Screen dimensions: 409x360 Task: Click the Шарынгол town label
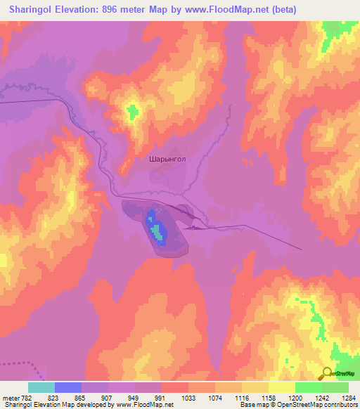coord(167,160)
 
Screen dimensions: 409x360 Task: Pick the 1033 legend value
coord(187,398)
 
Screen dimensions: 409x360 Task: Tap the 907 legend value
coord(108,398)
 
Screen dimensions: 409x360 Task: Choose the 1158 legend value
coord(267,398)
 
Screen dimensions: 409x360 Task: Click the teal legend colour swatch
coord(41,387)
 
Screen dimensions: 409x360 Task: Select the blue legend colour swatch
coord(68,387)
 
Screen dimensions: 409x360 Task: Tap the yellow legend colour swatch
coord(282,387)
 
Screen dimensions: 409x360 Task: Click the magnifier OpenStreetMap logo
coord(328,373)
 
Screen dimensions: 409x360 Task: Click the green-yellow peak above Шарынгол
coord(131,111)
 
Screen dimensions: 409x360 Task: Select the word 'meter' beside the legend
coord(11,398)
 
